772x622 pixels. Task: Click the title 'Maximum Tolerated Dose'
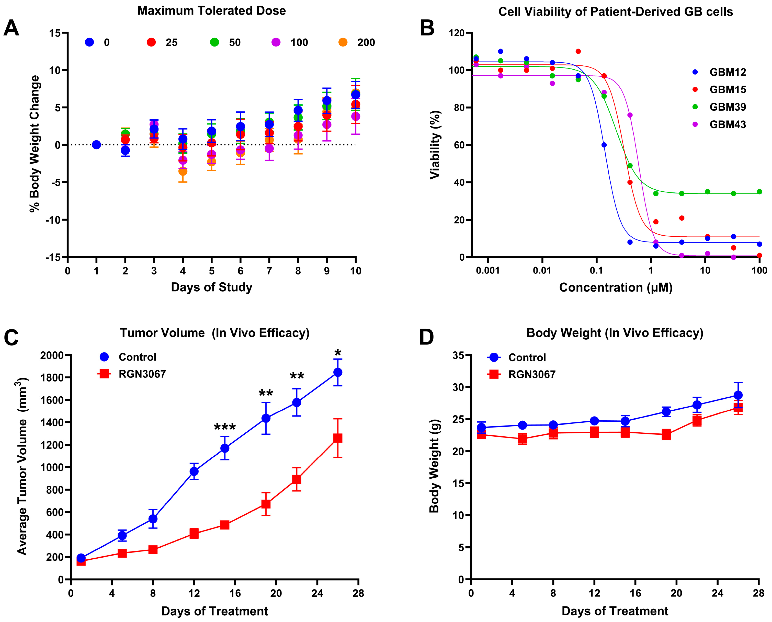(x=211, y=11)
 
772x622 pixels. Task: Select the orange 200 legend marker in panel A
(x=343, y=42)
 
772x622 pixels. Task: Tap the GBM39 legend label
(x=728, y=107)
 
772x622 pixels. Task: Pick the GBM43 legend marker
(x=695, y=124)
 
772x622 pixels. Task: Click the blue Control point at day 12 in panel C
(x=194, y=471)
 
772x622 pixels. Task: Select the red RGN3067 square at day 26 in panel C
(x=338, y=438)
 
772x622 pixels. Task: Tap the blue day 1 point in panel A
(x=96, y=145)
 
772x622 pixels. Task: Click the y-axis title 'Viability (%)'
(x=435, y=145)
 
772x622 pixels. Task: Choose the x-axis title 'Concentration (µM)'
(x=615, y=287)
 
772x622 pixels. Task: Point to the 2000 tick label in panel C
(x=52, y=355)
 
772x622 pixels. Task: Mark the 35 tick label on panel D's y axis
(x=458, y=355)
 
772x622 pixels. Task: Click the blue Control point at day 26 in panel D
(x=738, y=395)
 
